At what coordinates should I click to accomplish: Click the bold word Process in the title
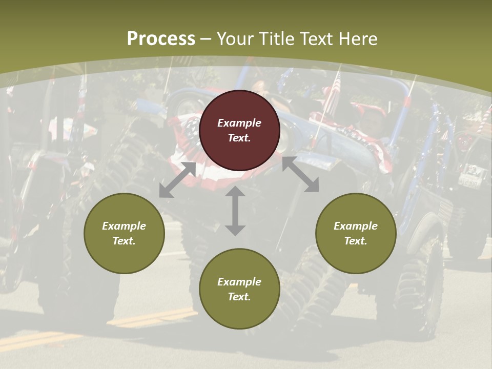(x=161, y=39)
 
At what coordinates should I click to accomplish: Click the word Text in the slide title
(x=316, y=39)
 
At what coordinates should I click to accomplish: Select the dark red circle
(x=239, y=130)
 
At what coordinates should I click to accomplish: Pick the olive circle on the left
(x=124, y=233)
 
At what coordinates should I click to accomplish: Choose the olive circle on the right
(x=356, y=233)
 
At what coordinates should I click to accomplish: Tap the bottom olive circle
(x=239, y=289)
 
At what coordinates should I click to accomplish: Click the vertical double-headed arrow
(x=235, y=211)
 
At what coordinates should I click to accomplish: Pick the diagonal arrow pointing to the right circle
(x=301, y=175)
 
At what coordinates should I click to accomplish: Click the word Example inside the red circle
(x=239, y=123)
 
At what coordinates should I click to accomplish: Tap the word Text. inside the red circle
(x=239, y=138)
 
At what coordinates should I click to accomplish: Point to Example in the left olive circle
(x=124, y=226)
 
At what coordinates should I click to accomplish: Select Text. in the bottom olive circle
(x=239, y=297)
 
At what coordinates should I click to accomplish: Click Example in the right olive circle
(x=356, y=226)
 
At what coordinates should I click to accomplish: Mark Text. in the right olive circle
(x=356, y=241)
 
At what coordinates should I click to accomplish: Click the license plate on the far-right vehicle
(x=469, y=180)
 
